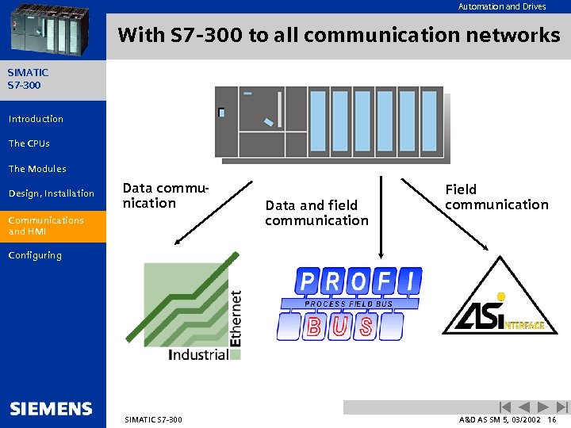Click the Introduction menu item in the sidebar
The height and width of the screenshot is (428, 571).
pos(36,119)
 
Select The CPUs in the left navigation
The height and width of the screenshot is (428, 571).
pos(29,143)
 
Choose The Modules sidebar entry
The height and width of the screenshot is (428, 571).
pos(37,169)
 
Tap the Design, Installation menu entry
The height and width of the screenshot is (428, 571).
pos(51,193)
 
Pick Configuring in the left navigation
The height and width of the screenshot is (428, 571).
pos(34,255)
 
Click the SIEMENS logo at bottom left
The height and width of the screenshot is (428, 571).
pos(51,409)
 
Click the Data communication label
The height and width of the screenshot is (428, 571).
pos(164,196)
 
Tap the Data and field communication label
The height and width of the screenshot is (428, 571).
pos(316,212)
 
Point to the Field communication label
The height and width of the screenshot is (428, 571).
pos(496,197)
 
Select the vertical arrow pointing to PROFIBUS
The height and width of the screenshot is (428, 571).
pos(381,214)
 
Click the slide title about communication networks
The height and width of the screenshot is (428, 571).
pos(339,36)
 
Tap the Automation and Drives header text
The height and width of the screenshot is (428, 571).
pos(502,6)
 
